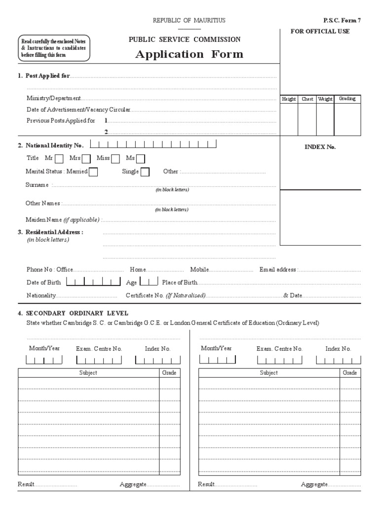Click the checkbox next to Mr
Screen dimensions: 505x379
(59, 159)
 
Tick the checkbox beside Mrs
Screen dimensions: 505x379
(86, 159)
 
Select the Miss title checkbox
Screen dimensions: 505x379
(115, 159)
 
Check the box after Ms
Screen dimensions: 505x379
(141, 159)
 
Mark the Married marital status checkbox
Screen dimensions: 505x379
(93, 172)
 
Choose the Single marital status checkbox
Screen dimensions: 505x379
(145, 172)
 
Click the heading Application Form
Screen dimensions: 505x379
(189, 54)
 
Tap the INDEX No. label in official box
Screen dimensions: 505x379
(320, 147)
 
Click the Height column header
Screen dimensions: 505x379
(289, 99)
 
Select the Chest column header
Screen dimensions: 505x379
(307, 99)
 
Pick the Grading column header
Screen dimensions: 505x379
(347, 99)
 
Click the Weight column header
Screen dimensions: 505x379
(325, 99)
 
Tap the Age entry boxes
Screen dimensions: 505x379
(149, 282)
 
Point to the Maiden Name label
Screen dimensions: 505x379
(63, 219)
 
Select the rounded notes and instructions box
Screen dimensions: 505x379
(54, 48)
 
